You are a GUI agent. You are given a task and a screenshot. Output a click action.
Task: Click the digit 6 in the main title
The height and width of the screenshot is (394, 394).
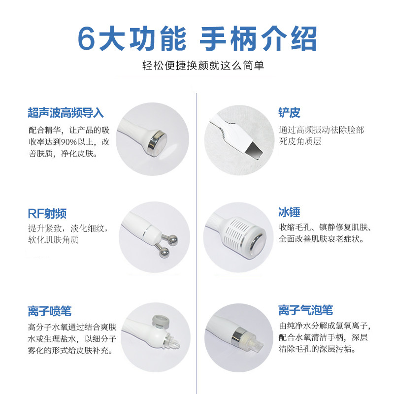coord(87,39)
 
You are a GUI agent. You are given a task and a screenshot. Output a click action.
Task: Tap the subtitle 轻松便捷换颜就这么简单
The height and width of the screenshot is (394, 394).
coord(203,66)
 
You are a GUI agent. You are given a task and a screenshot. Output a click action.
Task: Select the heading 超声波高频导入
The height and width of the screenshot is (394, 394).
coord(66,113)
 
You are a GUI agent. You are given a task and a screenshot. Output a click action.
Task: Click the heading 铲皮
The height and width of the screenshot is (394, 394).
coord(289,112)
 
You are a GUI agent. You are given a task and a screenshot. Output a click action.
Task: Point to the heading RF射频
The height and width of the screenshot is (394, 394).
coord(47,214)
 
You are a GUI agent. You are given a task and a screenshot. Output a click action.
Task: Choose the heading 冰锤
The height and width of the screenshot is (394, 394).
coord(289,212)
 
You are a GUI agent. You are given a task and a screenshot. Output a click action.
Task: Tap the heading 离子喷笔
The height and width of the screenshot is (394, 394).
coord(50,311)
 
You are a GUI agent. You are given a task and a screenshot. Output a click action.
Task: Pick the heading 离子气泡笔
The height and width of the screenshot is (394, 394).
coord(305,310)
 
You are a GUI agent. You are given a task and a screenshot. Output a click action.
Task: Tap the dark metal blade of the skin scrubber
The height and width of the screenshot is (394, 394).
coord(254,151)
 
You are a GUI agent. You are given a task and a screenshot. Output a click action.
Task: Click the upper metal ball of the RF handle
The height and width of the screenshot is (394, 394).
coord(172,240)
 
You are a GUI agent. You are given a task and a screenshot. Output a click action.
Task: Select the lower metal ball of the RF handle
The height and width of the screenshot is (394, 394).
coord(164,252)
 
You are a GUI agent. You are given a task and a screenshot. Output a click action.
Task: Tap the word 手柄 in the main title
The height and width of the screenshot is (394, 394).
coord(228,39)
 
